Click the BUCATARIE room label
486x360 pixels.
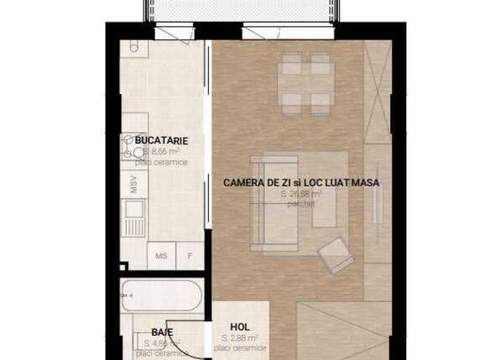[x=161, y=140]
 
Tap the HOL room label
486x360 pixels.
[x=239, y=328]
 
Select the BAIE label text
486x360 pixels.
[x=162, y=332]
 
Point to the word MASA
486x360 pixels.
[x=365, y=182]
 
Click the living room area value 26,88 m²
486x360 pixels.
[x=300, y=193]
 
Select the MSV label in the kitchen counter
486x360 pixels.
[x=133, y=185]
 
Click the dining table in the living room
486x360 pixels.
[x=305, y=75]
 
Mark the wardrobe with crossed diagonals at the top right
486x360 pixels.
[x=378, y=92]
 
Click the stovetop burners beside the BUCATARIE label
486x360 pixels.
[x=131, y=151]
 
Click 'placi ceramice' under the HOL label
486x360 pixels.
[x=239, y=347]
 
